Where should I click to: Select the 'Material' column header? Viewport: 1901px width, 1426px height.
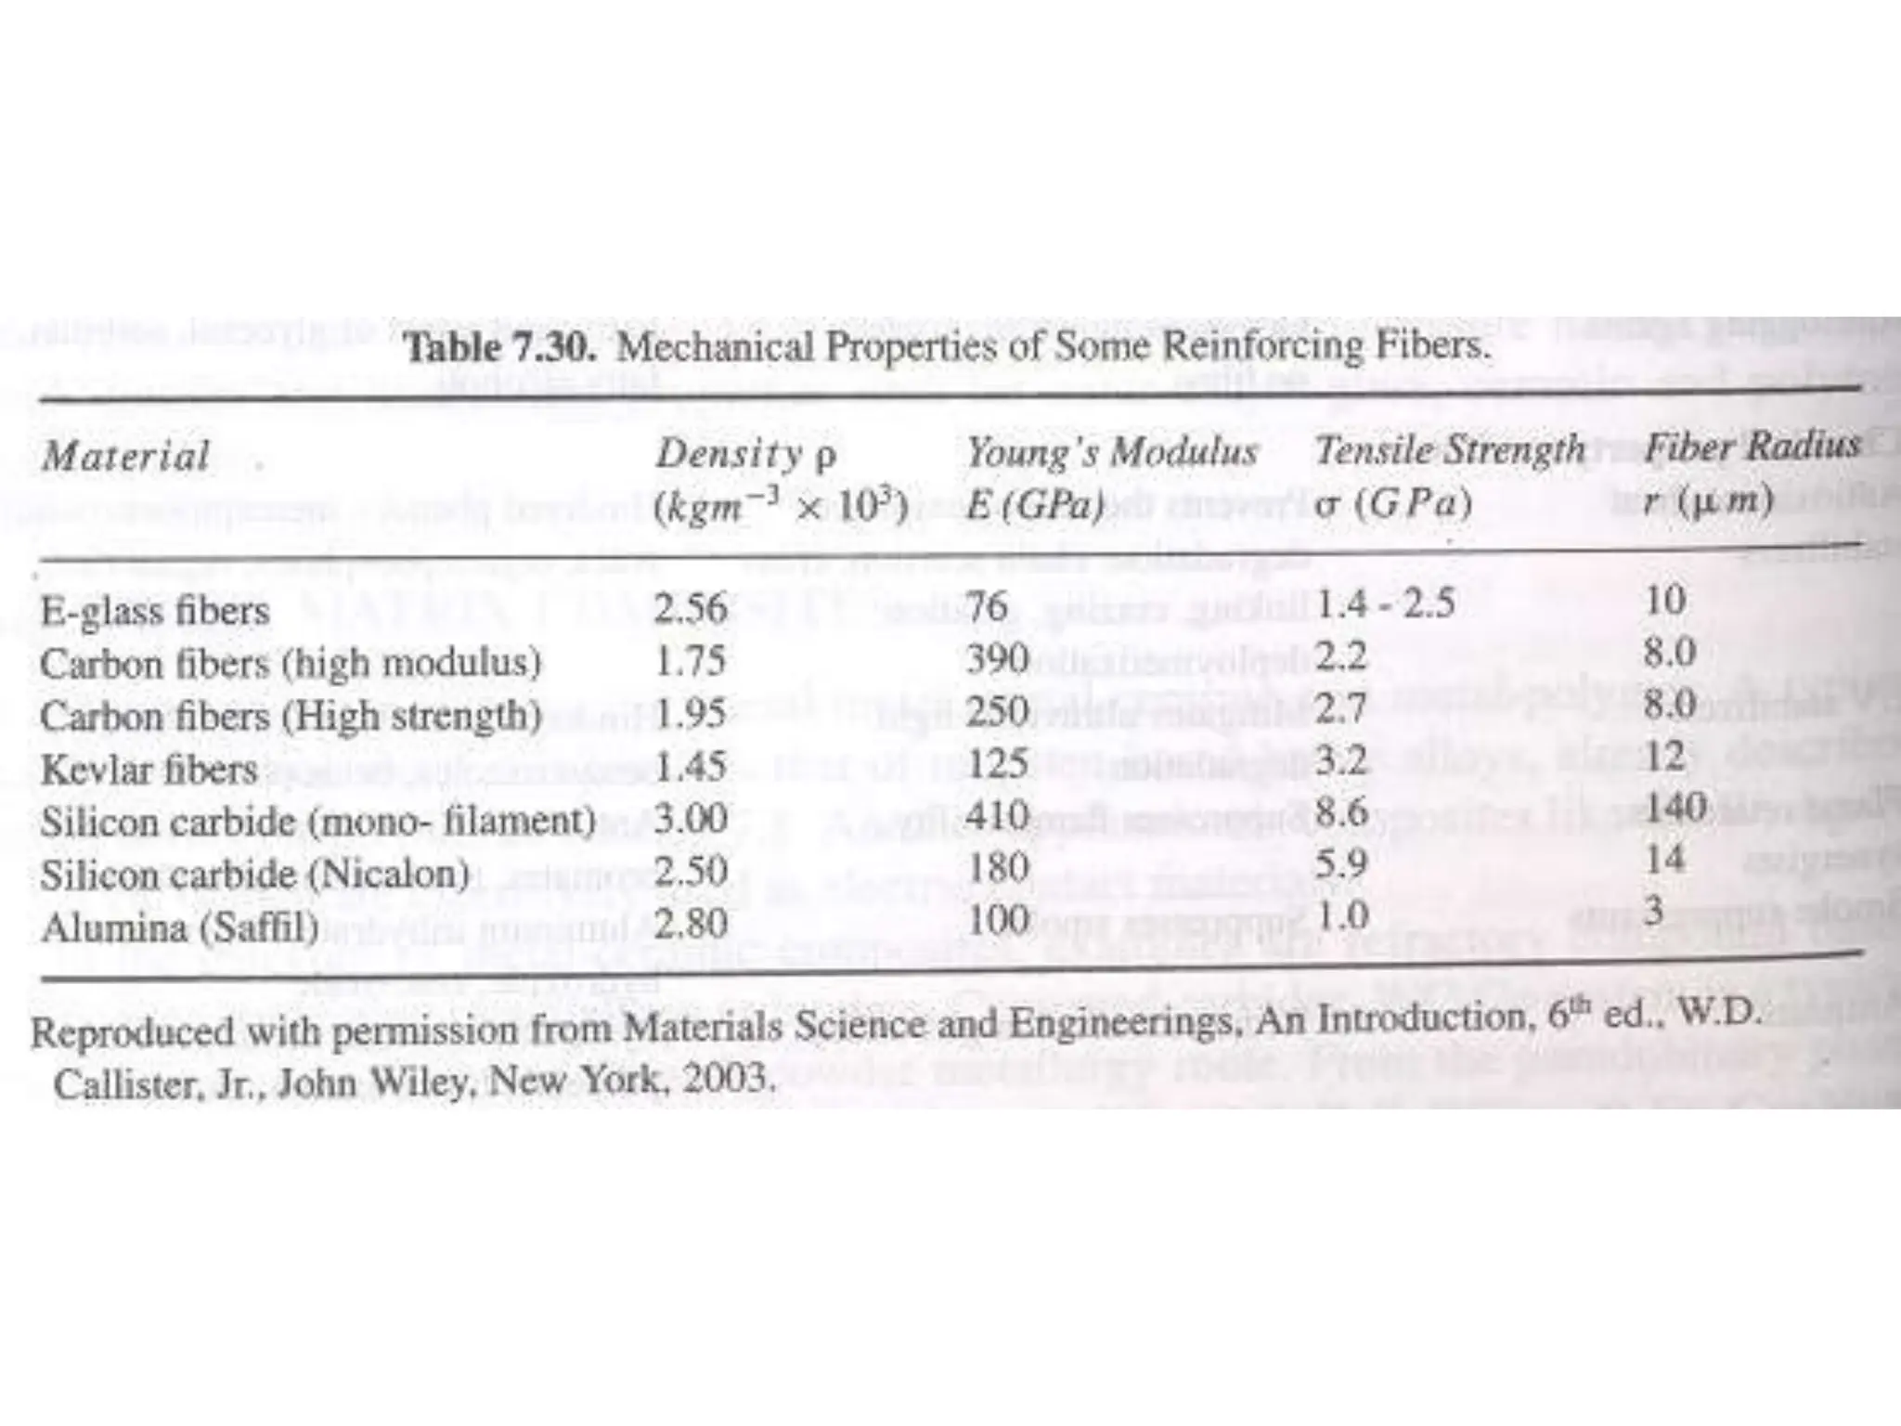[126, 457]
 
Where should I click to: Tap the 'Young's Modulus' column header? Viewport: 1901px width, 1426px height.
[1111, 453]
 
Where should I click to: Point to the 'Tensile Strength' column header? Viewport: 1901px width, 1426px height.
[1450, 450]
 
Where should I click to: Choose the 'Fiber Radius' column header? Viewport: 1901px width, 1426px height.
[1752, 447]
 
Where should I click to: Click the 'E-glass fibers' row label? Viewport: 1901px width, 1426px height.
[155, 611]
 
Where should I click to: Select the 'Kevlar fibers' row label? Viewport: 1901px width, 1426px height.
[149, 770]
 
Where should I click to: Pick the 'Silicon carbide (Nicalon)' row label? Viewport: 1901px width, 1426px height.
[254, 875]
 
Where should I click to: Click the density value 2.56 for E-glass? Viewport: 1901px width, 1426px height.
[690, 609]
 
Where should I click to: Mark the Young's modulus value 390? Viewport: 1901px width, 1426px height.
[998, 659]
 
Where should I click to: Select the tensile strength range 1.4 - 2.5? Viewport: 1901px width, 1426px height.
[1385, 604]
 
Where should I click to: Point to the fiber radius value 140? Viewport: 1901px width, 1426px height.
[1675, 806]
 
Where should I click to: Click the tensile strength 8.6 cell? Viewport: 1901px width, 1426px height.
[1342, 812]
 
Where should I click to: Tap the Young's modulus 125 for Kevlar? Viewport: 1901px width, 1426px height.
[999, 763]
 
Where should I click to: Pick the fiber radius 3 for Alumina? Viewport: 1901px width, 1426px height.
[1652, 910]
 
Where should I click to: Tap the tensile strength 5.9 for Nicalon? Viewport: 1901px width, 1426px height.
[1342, 864]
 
